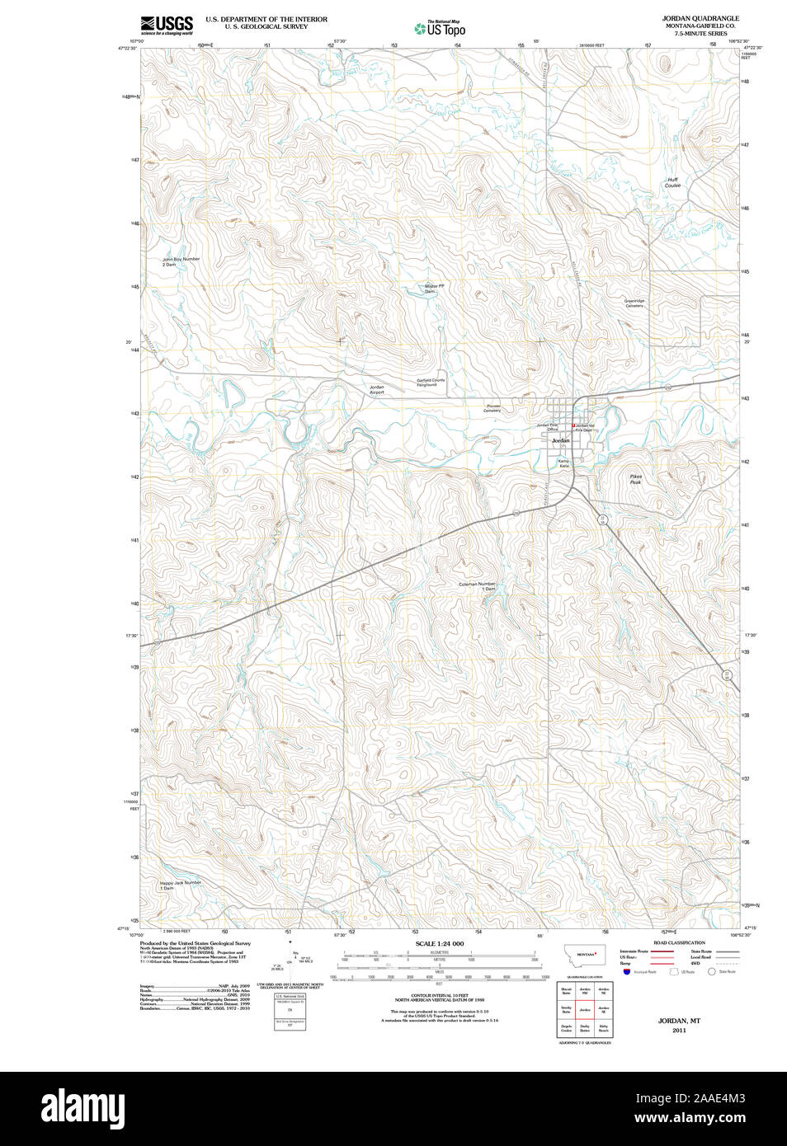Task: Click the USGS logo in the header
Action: (167, 25)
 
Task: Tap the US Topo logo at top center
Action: (440, 29)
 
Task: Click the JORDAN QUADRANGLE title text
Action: (700, 18)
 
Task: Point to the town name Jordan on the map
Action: (560, 441)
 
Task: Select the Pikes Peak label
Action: (635, 479)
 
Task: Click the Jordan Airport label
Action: (376, 390)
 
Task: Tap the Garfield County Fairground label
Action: (430, 382)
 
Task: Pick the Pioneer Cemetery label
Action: (492, 408)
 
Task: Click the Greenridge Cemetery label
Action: (634, 303)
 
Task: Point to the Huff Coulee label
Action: (672, 182)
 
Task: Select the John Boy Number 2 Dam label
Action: (180, 261)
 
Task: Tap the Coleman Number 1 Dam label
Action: (478, 586)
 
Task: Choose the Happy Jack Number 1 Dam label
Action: (180, 885)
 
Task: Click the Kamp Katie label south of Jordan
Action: (564, 463)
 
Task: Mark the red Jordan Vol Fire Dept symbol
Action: (573, 425)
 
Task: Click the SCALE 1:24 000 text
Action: (439, 943)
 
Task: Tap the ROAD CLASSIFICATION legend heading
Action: (679, 942)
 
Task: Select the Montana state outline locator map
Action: (584, 955)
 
